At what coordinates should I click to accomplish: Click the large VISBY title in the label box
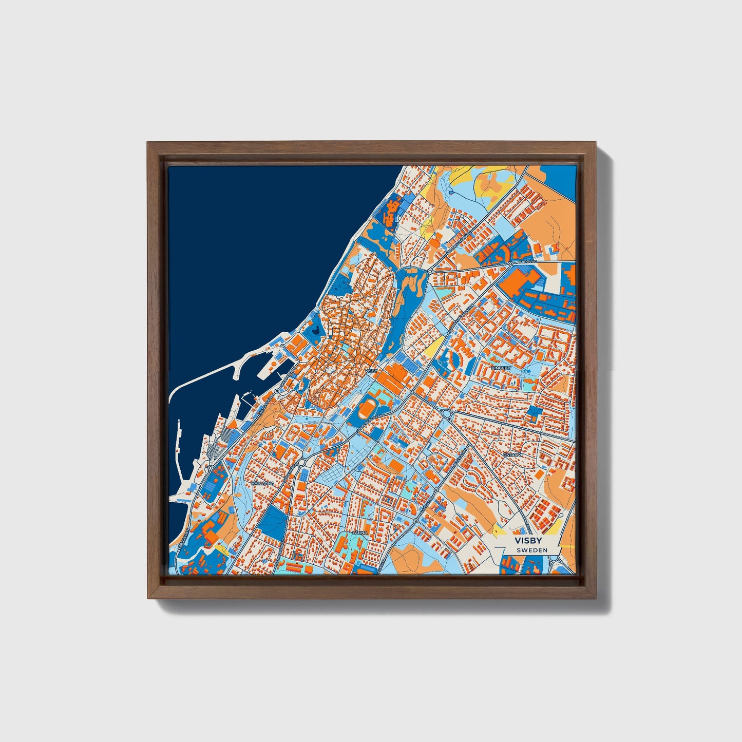[x=528, y=541]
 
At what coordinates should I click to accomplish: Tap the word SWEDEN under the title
[x=531, y=550]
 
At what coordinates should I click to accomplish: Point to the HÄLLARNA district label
[x=262, y=484]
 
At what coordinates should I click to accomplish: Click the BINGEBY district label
[x=501, y=368]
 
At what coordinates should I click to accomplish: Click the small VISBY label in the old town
[x=371, y=370]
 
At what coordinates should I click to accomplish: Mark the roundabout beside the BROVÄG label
[x=511, y=263]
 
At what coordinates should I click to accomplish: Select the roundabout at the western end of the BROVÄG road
[x=429, y=271]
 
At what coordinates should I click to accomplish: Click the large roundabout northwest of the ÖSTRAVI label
[x=447, y=414]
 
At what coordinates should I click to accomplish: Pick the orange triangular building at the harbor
[x=233, y=423]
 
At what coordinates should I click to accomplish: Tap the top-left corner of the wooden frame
[x=147, y=142]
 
